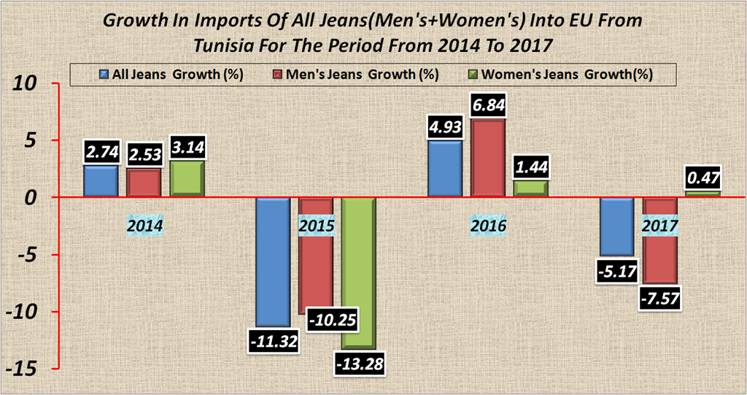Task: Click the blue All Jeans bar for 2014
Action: [101, 181]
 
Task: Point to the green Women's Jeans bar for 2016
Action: [531, 188]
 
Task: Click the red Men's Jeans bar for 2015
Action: [316, 256]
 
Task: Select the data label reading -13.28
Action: [358, 363]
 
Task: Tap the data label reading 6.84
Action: [489, 106]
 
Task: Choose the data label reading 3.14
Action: [187, 148]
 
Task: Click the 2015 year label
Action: [317, 226]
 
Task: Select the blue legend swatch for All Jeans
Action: [104, 74]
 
